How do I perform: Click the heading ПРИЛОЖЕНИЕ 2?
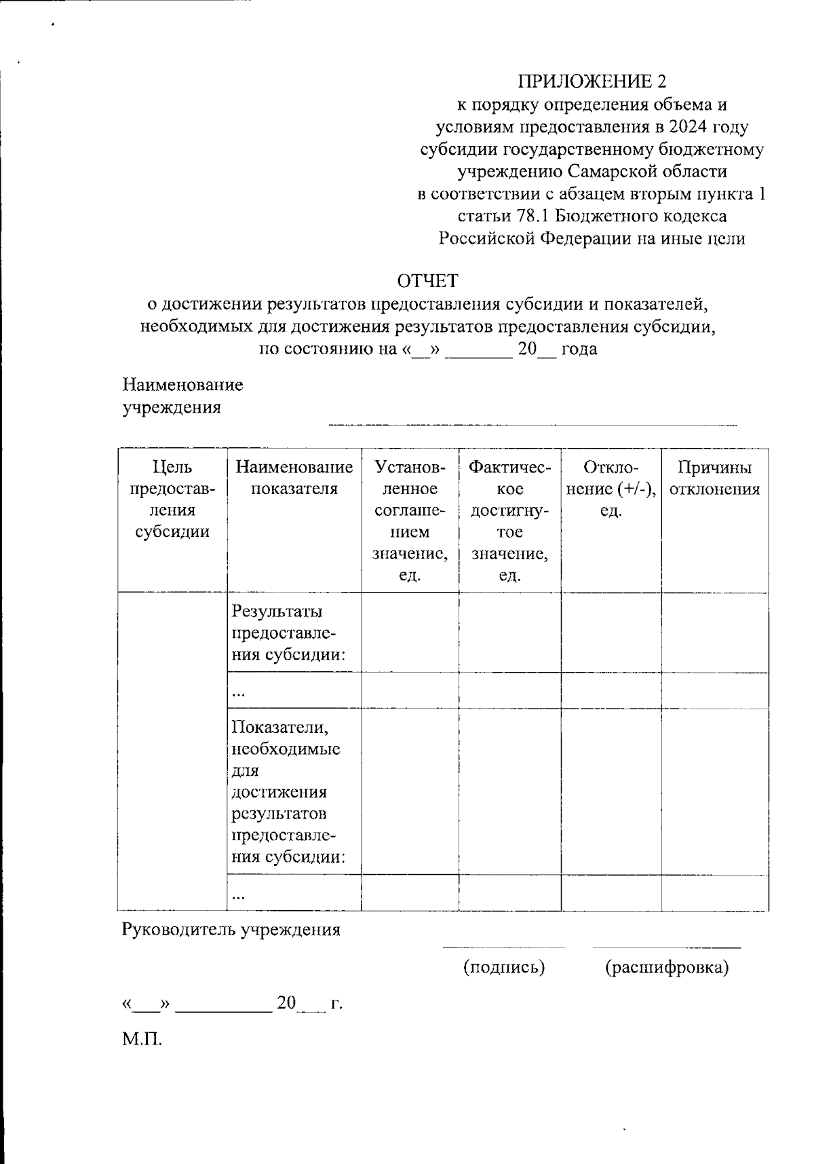[592, 82]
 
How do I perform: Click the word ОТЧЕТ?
[427, 280]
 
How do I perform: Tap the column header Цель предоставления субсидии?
[172, 499]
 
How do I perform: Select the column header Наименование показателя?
[294, 478]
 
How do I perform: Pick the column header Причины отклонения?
[714, 478]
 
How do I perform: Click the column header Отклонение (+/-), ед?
[610, 489]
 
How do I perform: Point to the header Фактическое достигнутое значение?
[510, 521]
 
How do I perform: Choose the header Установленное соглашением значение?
[410, 521]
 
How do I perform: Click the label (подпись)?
[504, 966]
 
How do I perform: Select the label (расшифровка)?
[667, 966]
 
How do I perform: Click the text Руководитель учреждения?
[231, 929]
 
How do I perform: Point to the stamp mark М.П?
[142, 1038]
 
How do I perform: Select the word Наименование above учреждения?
[182, 386]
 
